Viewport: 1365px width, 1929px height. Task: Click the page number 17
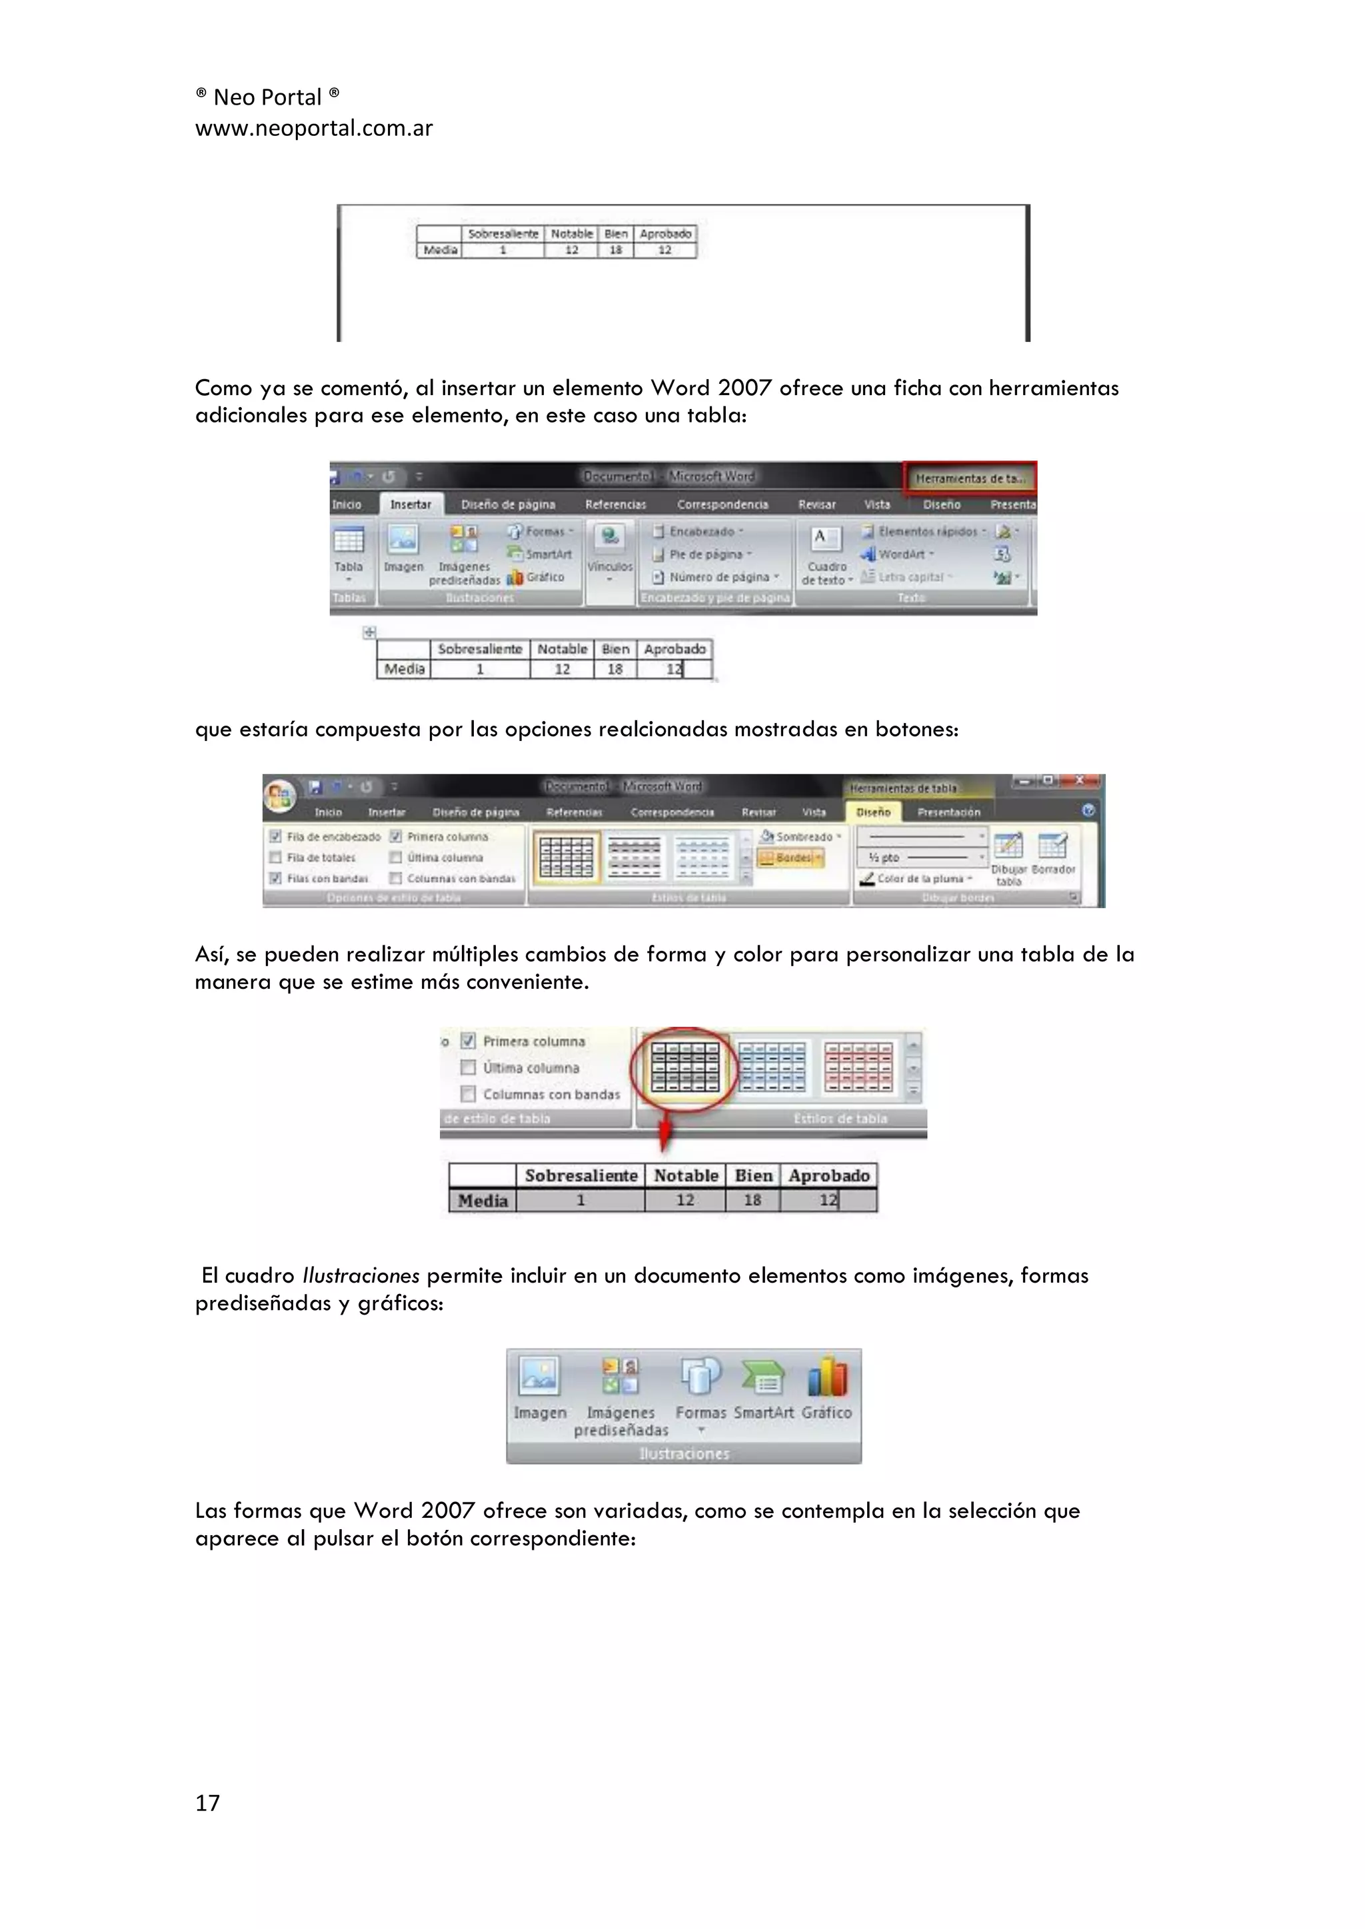(207, 1802)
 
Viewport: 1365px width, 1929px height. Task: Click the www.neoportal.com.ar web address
(313, 129)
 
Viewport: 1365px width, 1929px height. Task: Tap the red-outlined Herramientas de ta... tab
(970, 478)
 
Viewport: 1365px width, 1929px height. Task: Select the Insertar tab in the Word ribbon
(410, 504)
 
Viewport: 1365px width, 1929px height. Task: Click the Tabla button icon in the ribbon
(348, 540)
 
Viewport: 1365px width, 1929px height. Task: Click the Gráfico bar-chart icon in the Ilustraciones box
(827, 1379)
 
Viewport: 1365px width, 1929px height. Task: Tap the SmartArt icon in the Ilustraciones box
(763, 1379)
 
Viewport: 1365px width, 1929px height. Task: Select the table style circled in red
(686, 1067)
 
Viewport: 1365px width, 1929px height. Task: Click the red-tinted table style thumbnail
(858, 1067)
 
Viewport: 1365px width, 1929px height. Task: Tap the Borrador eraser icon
(1052, 845)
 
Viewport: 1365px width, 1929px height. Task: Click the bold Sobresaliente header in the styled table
(581, 1175)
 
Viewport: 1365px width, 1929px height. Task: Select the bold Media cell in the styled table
(483, 1201)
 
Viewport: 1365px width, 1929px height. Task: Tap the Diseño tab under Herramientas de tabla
(873, 812)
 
